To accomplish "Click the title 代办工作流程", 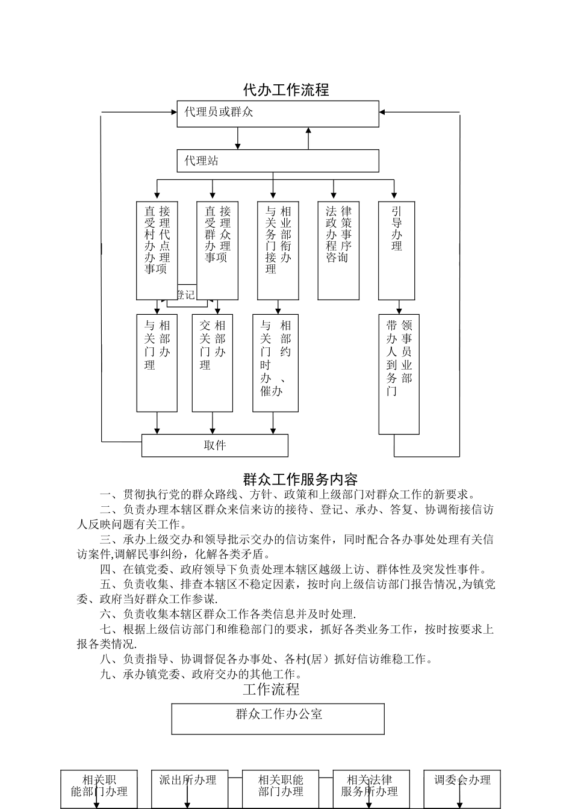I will [286, 90].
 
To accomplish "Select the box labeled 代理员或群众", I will [278, 113].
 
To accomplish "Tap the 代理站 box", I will [278, 161].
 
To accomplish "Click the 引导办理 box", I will [396, 250].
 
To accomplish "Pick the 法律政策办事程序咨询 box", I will [338, 250].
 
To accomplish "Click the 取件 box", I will [215, 445].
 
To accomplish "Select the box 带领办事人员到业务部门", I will [399, 373].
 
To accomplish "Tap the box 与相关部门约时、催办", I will [275, 362].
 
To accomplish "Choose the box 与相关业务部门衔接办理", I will [278, 250].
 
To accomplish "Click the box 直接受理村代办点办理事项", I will [157, 250].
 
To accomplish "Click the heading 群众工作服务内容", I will [300, 479].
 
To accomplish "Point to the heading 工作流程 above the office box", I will [271, 689].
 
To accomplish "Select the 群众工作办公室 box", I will [278, 719].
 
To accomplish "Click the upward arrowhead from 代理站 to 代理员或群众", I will [308, 130].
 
